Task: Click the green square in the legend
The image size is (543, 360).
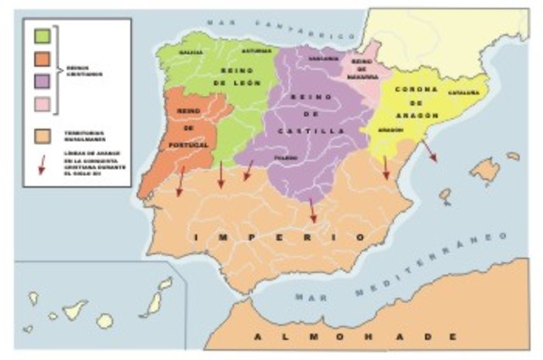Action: tap(40, 37)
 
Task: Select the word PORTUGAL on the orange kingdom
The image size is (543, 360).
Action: tap(189, 146)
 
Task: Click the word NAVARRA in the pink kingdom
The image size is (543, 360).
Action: tap(362, 75)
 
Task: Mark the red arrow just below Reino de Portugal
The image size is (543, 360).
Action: tap(180, 181)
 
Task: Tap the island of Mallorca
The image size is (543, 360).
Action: tap(485, 170)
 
